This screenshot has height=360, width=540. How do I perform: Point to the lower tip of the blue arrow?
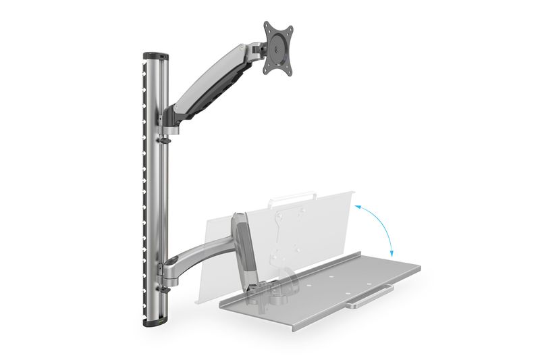click(391, 255)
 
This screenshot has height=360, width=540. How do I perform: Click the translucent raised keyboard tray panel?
click(317, 223)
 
